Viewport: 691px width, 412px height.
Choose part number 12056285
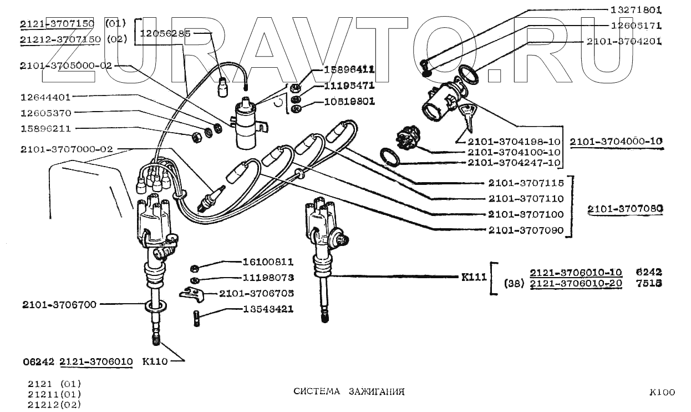[x=165, y=33]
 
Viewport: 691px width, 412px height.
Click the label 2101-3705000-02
[x=65, y=65]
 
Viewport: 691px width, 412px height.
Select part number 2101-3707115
[x=526, y=183]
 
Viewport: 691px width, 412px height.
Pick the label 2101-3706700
[x=59, y=304]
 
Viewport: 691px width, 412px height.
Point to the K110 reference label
[x=155, y=361]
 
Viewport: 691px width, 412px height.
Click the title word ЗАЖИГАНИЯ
[x=377, y=391]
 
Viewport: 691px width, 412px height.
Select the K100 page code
[x=662, y=392]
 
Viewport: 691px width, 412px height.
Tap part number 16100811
[x=268, y=262]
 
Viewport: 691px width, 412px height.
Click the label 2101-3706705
[x=256, y=293]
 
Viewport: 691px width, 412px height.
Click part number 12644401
[x=45, y=97]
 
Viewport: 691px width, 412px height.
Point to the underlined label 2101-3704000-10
[x=616, y=142]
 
